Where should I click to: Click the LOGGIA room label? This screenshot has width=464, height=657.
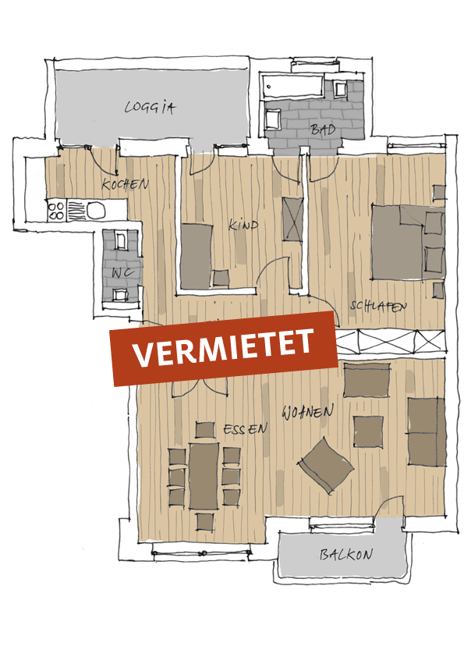[150, 107]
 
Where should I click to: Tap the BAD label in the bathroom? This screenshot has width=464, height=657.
[323, 129]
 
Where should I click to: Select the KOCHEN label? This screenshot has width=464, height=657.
[126, 184]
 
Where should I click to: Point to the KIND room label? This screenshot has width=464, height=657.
[243, 225]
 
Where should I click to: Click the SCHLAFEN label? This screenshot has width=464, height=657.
[378, 306]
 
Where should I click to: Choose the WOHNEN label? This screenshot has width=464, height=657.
[308, 412]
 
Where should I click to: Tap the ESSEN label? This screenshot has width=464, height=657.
[246, 429]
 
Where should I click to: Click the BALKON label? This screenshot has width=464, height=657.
[346, 555]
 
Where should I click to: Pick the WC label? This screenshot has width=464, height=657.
[122, 272]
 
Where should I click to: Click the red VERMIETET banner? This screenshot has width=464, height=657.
[224, 348]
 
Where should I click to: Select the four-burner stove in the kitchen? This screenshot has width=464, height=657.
[56, 211]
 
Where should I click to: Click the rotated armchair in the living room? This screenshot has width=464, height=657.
[326, 465]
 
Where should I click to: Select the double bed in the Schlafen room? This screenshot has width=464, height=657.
[409, 242]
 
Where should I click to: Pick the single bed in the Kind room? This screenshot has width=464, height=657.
[196, 256]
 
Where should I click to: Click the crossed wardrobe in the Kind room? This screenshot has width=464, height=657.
[292, 218]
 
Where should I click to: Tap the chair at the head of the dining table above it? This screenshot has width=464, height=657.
[205, 430]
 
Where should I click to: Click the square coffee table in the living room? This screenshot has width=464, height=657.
[369, 431]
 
